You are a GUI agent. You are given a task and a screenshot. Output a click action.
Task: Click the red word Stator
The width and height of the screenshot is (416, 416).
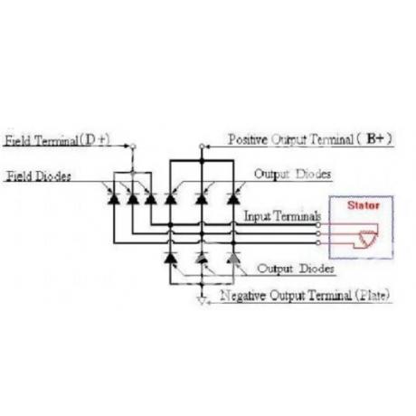(x=364, y=205)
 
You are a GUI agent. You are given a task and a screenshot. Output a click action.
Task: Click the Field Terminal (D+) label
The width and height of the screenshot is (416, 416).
(x=58, y=140)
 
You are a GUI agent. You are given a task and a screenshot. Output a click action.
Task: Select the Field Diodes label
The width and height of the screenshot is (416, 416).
(x=39, y=176)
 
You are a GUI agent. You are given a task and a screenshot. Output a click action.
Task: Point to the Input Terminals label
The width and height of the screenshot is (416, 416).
(x=282, y=216)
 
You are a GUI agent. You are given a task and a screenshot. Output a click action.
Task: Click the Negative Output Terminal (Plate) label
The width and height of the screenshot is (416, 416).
(x=305, y=295)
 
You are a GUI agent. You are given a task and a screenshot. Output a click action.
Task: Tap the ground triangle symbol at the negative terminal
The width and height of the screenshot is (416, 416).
(x=202, y=301)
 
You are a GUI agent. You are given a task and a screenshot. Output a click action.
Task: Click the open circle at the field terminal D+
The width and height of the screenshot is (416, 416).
(x=133, y=147)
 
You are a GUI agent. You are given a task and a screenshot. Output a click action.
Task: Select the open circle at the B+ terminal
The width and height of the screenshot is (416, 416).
(x=202, y=147)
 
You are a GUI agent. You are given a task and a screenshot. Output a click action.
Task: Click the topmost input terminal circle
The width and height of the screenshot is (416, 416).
(x=317, y=225)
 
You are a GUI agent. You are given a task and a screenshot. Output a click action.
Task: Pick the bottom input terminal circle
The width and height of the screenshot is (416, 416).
(x=317, y=242)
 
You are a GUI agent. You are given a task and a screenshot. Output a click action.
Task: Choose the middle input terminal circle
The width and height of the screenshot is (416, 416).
(x=317, y=233)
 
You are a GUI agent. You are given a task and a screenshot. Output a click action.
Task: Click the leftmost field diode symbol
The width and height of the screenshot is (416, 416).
(x=114, y=199)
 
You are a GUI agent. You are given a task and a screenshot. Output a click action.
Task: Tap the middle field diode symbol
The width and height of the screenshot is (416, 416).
(x=132, y=199)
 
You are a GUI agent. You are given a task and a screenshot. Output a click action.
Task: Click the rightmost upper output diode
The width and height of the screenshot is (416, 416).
(x=233, y=199)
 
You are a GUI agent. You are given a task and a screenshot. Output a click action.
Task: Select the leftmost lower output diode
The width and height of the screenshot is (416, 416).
(x=170, y=258)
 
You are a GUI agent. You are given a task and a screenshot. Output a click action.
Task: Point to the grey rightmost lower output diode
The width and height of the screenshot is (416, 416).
(x=233, y=258)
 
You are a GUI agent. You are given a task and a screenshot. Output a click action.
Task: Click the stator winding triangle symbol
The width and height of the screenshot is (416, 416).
(x=368, y=238)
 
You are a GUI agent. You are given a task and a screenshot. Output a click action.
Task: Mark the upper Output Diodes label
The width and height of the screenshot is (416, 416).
(x=292, y=175)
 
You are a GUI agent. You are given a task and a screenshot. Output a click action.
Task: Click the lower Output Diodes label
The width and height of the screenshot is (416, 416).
(x=296, y=269)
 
